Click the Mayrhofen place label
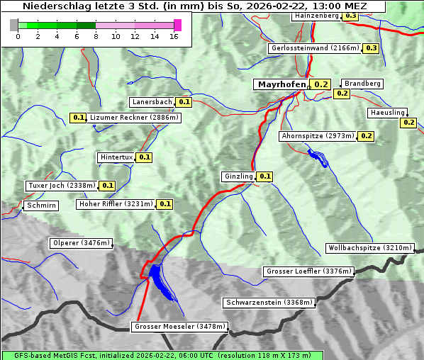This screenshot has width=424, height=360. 281,84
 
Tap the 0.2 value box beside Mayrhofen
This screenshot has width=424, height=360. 321,84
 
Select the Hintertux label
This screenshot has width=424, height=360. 116,157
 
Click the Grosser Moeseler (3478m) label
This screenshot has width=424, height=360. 180,327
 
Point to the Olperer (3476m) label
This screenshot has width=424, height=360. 82,243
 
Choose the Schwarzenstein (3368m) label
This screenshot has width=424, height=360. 268,303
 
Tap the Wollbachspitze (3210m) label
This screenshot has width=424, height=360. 369,248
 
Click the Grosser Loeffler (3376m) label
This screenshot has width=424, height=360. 307,271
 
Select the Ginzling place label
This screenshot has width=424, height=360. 238,176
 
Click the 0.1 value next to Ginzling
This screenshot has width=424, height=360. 264,176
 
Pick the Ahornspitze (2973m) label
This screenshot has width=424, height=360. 317,136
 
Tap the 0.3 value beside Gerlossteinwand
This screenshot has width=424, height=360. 371,48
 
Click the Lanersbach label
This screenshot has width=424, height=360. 152,102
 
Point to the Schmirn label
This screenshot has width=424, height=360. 40,206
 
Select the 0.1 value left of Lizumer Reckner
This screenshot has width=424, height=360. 78,118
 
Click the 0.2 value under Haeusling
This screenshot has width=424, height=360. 408,123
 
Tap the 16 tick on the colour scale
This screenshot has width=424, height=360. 174,35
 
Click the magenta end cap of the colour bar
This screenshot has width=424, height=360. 177,25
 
